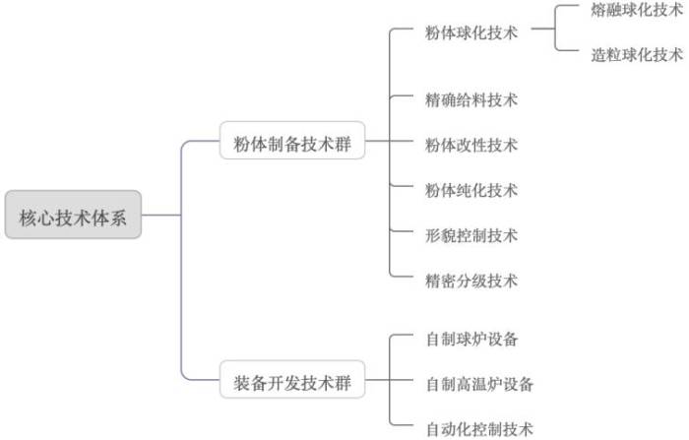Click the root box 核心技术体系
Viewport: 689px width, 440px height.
coord(73,215)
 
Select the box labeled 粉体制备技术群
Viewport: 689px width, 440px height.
coord(292,140)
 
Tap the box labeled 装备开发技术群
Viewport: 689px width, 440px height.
coord(292,379)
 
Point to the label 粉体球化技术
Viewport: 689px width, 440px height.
coord(471,32)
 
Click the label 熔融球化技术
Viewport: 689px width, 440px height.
coord(637,10)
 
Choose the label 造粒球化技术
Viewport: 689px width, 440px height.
coord(637,55)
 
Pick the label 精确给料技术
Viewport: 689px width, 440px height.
coord(471,99)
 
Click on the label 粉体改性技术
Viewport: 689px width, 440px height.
coord(471,145)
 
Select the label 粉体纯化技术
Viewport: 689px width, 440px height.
coord(471,190)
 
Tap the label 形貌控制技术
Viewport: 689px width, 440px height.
coord(471,235)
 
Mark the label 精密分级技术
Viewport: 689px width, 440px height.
coord(471,281)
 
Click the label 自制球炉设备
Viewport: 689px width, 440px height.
coord(471,339)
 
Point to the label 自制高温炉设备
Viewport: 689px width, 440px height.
coord(479,384)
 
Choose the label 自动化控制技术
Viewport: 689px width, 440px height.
coord(479,429)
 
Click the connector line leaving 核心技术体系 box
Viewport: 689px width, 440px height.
coord(161,215)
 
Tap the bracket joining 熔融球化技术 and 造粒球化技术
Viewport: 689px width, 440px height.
coord(555,29)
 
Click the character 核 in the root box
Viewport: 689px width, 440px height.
coord(28,218)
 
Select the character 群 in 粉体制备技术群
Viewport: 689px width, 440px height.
coord(343,144)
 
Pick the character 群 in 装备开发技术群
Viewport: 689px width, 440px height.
coord(343,383)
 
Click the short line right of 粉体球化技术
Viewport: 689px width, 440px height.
coord(542,29)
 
